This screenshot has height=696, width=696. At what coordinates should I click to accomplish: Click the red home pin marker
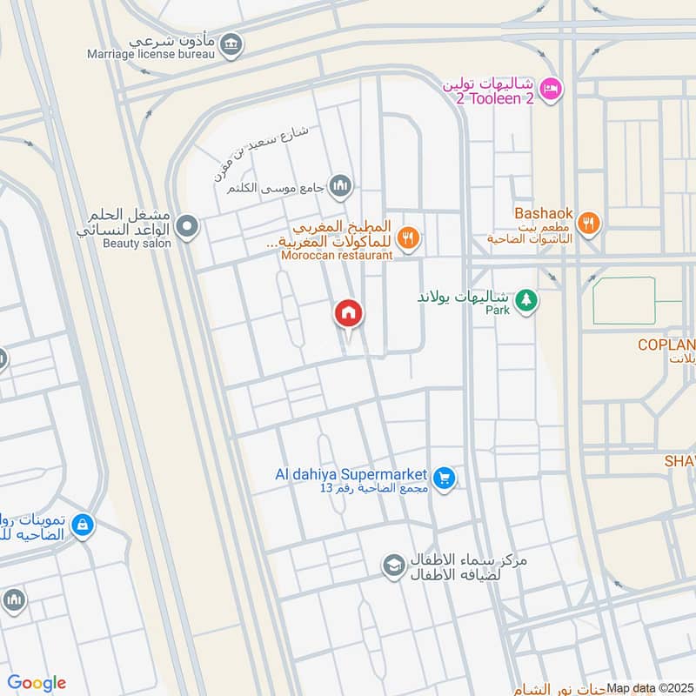(x=349, y=313)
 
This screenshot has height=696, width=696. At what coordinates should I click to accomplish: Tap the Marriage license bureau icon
(x=231, y=43)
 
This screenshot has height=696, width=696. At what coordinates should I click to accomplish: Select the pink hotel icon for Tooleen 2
(x=551, y=89)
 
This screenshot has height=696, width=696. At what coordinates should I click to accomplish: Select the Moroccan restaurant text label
(x=337, y=255)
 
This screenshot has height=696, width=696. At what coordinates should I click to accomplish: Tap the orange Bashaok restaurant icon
(x=589, y=224)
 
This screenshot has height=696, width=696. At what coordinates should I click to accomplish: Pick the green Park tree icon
(x=525, y=301)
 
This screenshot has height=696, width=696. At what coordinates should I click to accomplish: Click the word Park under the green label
(x=497, y=310)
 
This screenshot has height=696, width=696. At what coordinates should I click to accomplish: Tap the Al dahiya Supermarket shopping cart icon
(x=445, y=479)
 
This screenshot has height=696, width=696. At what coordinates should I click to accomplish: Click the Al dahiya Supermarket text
(x=351, y=474)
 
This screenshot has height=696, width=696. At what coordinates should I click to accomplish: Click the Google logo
(x=37, y=683)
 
